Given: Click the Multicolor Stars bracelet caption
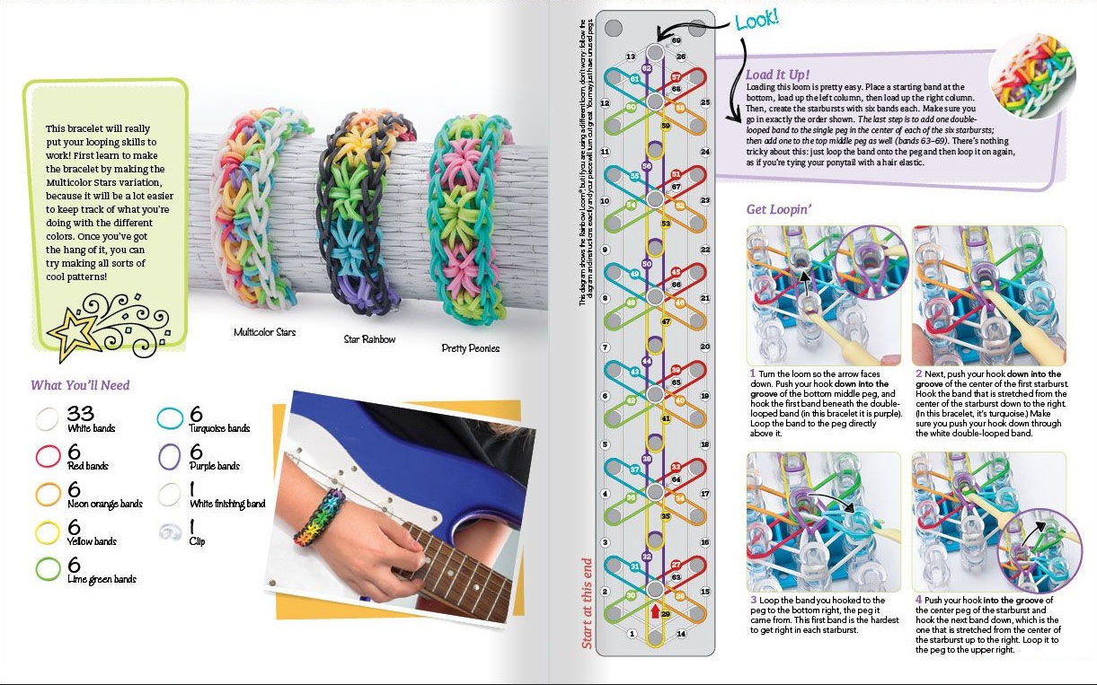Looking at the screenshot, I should (264, 332).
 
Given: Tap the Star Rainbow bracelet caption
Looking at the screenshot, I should (370, 339).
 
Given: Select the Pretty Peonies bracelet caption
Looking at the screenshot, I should (470, 347).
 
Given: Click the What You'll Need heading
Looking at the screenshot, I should (80, 385).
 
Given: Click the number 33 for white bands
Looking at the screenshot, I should (81, 414).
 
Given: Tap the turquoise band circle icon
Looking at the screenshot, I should (171, 418).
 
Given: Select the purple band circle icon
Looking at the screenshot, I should (171, 456).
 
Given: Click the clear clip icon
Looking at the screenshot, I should (170, 532).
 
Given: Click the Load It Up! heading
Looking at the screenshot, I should (777, 74).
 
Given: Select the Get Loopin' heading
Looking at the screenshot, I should (779, 210).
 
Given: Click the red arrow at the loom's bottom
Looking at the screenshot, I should (654, 611).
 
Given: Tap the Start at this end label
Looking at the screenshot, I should (587, 604).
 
